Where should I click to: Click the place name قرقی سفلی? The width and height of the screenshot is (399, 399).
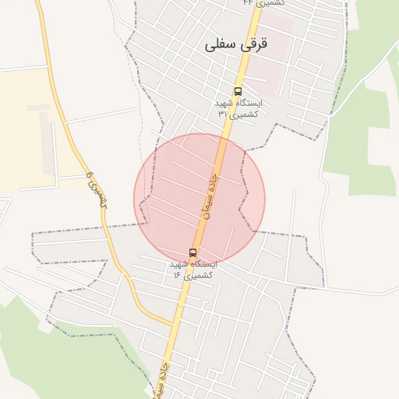235,45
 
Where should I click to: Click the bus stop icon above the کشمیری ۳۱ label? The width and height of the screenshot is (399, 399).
238,91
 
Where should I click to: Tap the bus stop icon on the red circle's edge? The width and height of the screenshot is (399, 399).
192,252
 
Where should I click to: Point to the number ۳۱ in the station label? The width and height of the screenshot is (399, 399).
223,114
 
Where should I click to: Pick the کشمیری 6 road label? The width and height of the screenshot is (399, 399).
96,189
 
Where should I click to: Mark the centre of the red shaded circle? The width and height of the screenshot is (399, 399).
199,199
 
